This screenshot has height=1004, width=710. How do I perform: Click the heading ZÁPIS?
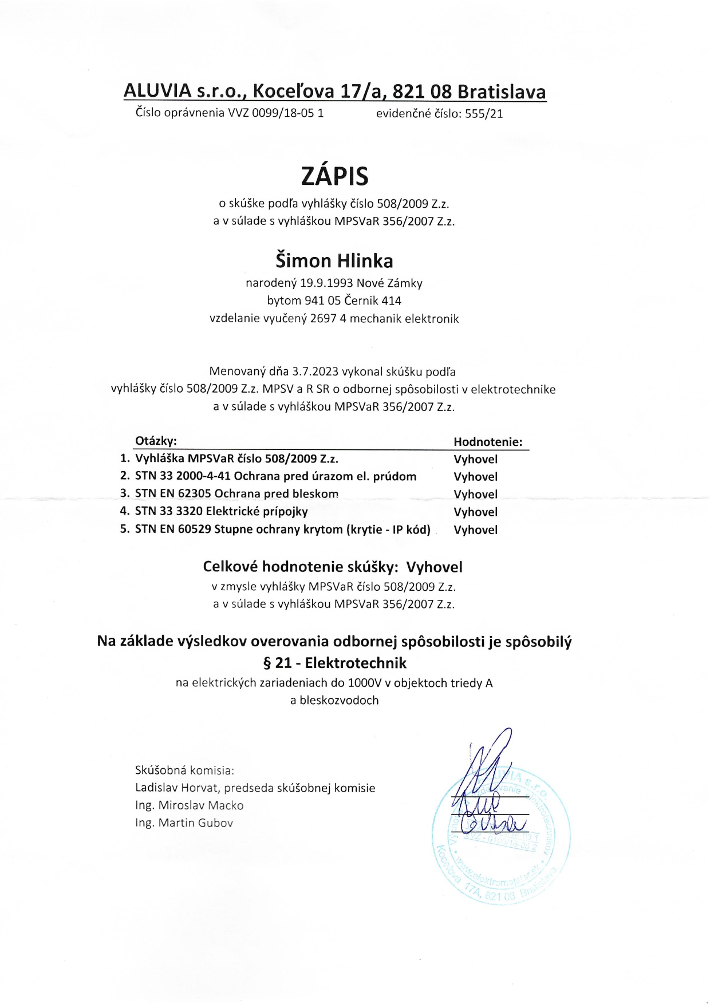[x=334, y=176]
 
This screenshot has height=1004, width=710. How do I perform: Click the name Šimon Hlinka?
[x=334, y=261]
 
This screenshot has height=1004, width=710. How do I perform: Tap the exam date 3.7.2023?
[x=315, y=371]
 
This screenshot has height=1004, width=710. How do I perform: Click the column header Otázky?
[x=156, y=441]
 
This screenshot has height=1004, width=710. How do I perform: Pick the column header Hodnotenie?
[x=488, y=442]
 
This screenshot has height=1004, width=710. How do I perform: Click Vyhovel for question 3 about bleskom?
[x=475, y=495]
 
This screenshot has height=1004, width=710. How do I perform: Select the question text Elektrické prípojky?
[x=257, y=511]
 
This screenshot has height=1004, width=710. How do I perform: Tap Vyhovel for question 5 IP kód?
[x=475, y=530]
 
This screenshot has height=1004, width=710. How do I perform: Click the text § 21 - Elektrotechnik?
[x=334, y=663]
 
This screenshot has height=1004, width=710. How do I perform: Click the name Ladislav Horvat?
[x=177, y=788]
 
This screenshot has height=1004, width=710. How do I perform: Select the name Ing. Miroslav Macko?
[x=189, y=806]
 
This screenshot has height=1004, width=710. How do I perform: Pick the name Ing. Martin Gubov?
[x=184, y=823]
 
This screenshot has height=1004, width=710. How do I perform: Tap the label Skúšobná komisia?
[x=184, y=770]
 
